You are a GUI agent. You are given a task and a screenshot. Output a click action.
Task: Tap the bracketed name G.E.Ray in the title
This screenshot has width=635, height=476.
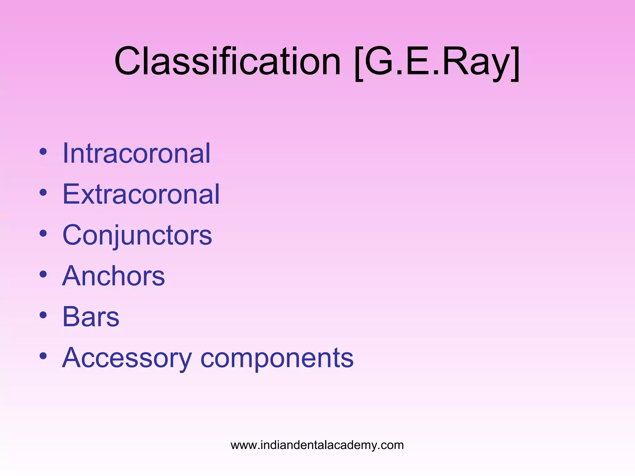[x=437, y=61]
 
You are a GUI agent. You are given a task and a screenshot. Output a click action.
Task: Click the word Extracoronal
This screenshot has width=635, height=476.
[x=141, y=194]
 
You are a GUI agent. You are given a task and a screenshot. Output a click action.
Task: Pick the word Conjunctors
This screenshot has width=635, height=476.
[x=137, y=235]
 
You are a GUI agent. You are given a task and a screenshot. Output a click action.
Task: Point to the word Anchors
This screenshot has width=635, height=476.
[x=113, y=276]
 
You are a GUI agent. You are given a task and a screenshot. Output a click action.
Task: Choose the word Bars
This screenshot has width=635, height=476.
[x=91, y=317]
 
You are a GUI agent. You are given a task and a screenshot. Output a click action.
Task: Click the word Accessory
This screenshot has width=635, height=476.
[x=127, y=358]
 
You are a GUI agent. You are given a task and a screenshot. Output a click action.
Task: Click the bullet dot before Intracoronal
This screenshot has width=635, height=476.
[x=43, y=152]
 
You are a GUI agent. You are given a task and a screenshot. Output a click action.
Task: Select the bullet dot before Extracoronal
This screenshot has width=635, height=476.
[x=43, y=192]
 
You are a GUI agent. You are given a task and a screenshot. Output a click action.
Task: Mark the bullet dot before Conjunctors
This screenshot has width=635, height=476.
[x=43, y=233]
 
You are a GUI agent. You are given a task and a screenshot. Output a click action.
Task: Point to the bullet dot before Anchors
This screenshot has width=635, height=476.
[x=43, y=274]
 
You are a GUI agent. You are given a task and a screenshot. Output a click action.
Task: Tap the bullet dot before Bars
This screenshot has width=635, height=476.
[x=43, y=315]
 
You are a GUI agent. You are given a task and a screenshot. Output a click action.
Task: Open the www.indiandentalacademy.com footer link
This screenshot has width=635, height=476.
[x=317, y=445]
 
